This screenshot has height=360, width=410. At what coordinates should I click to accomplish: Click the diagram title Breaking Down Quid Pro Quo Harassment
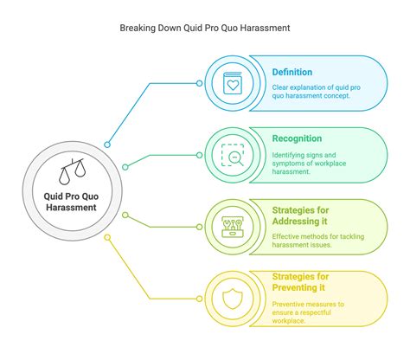click(204, 28)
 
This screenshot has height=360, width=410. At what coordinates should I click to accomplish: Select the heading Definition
click(291, 72)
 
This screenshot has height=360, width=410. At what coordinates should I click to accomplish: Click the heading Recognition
click(296, 138)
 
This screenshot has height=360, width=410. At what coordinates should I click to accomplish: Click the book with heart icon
click(233, 83)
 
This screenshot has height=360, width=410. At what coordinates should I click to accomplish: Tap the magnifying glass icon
click(233, 155)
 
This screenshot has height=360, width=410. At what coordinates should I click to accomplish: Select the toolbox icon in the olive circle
click(233, 228)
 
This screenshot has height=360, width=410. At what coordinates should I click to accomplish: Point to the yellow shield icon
click(233, 299)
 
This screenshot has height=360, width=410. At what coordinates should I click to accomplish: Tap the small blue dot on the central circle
click(108, 145)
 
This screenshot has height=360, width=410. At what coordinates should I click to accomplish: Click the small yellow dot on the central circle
click(107, 236)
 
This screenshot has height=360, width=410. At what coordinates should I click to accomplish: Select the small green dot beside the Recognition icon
click(200, 155)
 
